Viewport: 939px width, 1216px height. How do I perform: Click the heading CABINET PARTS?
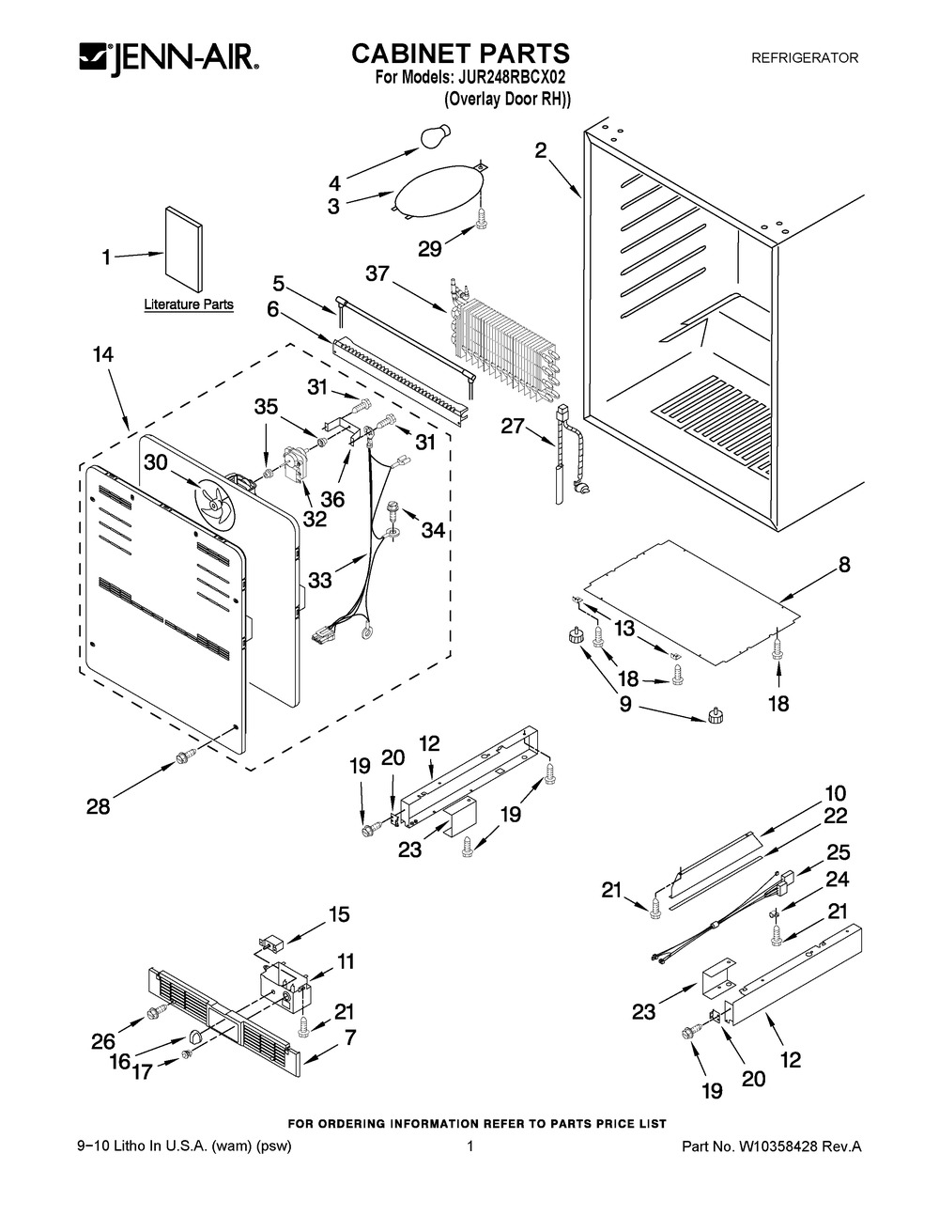point(460,54)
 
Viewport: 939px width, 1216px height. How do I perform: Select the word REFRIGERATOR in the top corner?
point(805,57)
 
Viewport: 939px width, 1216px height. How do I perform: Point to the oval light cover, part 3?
point(438,189)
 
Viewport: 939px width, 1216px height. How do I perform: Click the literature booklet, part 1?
point(184,248)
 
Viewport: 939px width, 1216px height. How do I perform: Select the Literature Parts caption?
point(189,304)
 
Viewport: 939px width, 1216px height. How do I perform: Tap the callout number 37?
point(377,273)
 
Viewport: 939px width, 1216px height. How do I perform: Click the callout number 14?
point(103,355)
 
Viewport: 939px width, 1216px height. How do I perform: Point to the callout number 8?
point(844,565)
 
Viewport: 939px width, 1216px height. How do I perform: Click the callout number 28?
point(99,806)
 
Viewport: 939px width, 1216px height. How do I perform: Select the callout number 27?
point(513,427)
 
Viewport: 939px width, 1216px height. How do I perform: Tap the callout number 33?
point(320,580)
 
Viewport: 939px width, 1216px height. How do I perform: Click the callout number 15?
point(339,914)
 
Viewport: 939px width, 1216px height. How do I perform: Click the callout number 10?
point(836,793)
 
